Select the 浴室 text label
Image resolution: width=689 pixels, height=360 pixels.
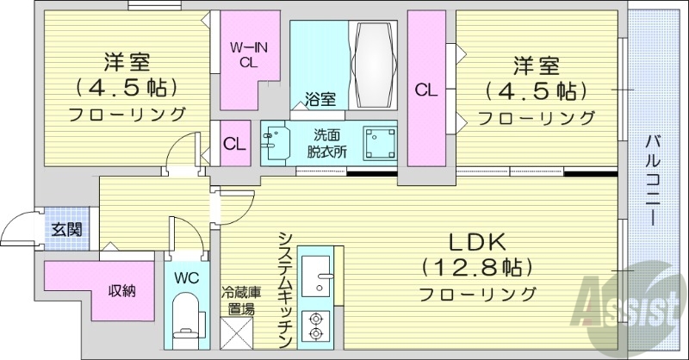tap(321, 100)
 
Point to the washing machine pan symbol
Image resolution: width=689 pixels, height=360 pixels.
tap(378, 142)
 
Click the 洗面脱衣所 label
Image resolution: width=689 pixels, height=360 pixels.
tap(329, 142)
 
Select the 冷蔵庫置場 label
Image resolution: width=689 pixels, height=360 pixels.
tap(238, 301)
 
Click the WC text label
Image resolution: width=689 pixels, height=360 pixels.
tap(187, 278)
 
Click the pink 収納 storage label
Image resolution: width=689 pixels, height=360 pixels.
tap(121, 290)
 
